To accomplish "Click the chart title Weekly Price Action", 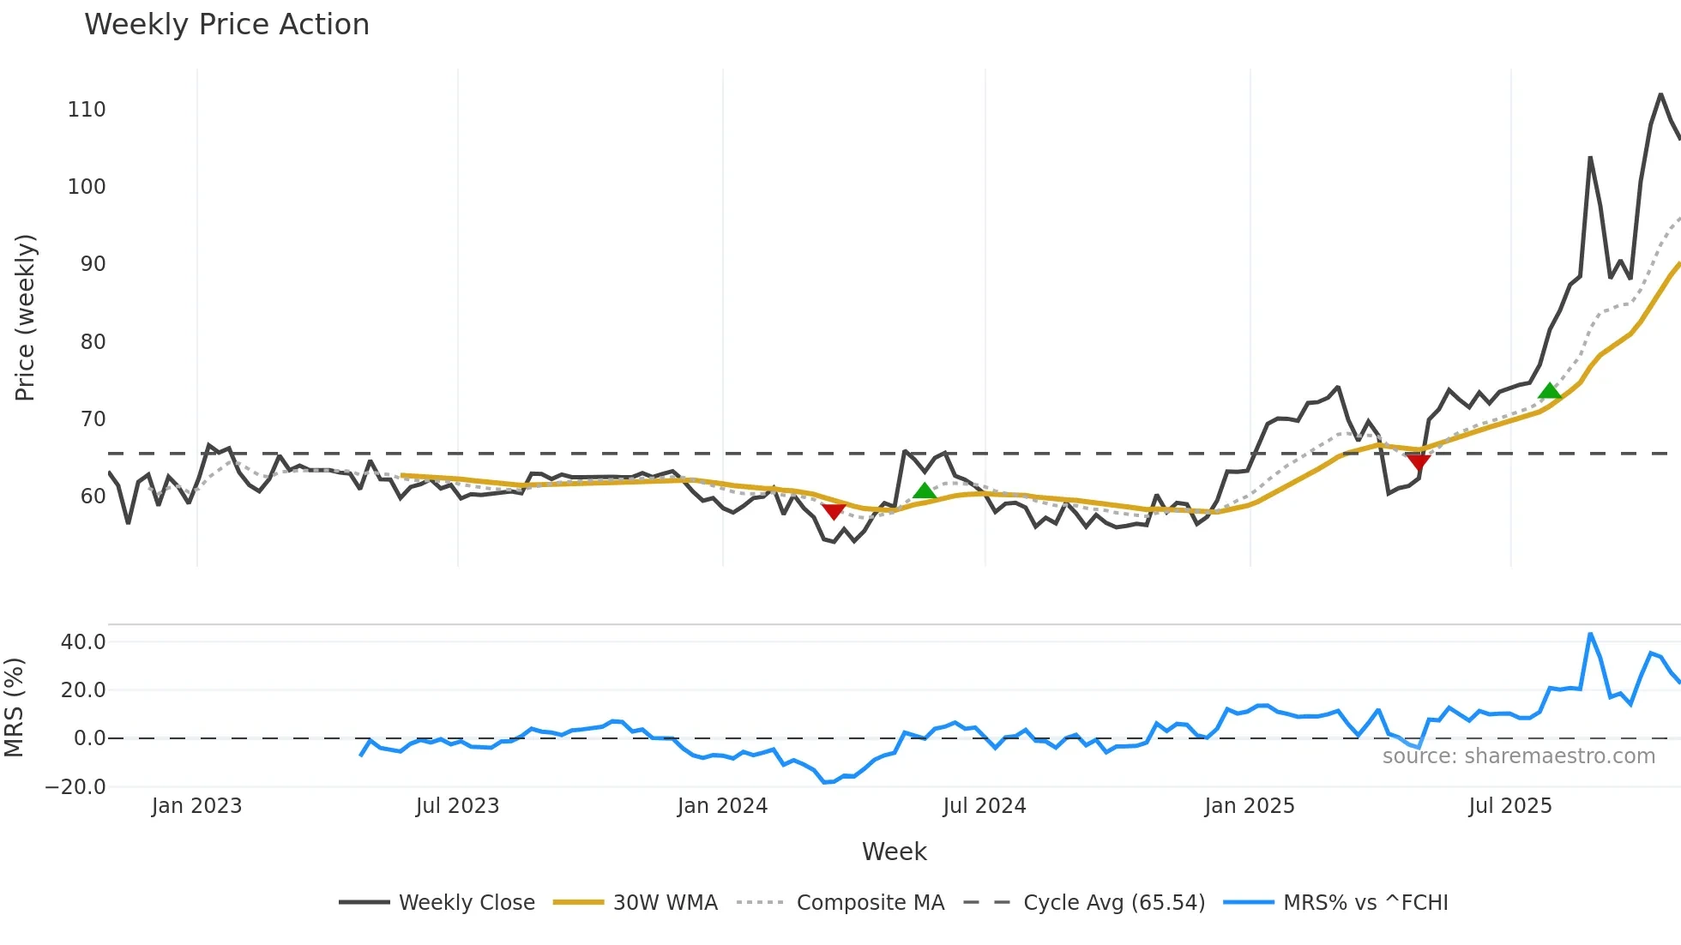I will tap(226, 25).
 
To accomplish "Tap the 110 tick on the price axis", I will tap(87, 110).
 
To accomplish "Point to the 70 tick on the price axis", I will tap(93, 419).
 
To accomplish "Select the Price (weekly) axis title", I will tap(25, 317).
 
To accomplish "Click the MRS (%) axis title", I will tap(14, 707).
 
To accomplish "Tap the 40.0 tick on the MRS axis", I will tap(83, 642).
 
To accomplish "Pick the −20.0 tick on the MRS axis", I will tap(75, 787).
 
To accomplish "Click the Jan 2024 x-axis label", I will tap(722, 806).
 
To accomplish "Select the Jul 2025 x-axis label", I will tap(1510, 806).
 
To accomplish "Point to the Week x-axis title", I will tap(894, 852).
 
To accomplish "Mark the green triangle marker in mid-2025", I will tap(1550, 392).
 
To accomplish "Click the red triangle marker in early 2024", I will tap(834, 511).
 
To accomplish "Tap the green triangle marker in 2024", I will tap(924, 491).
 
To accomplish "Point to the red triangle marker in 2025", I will tap(1419, 462).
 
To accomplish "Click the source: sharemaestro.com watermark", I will tap(1518, 756).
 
